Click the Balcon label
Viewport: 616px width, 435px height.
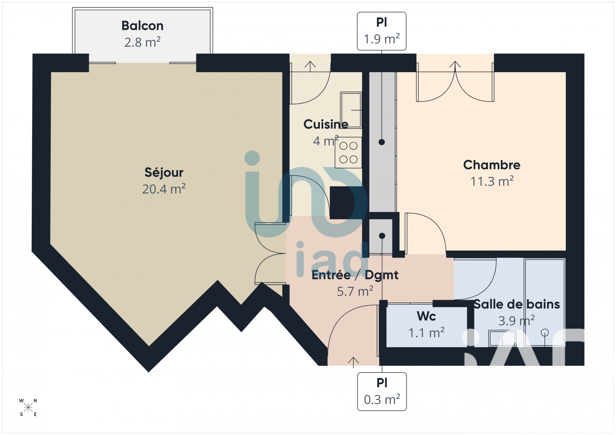point(142,26)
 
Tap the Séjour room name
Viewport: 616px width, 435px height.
point(164,173)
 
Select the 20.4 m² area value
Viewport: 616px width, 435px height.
point(164,189)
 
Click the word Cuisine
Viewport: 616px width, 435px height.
point(326,124)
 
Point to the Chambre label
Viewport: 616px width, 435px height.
point(492,165)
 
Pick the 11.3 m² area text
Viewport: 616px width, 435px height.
point(492,181)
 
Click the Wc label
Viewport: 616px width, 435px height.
point(426,316)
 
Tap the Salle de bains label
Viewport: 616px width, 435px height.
point(517,304)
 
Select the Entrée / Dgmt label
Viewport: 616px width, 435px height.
point(355,275)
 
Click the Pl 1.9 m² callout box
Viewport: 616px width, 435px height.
point(381,31)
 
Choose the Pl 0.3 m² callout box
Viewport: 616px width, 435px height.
point(382,391)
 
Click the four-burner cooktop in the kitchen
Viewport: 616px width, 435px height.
point(348,153)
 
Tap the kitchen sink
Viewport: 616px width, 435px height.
point(351,110)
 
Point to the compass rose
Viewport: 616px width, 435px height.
point(28,407)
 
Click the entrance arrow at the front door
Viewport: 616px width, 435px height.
point(353,362)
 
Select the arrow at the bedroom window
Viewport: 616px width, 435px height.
point(455,65)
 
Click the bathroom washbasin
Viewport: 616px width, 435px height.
point(502,338)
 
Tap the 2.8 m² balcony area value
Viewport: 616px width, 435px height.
point(142,42)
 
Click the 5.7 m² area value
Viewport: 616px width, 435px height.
point(355,291)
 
